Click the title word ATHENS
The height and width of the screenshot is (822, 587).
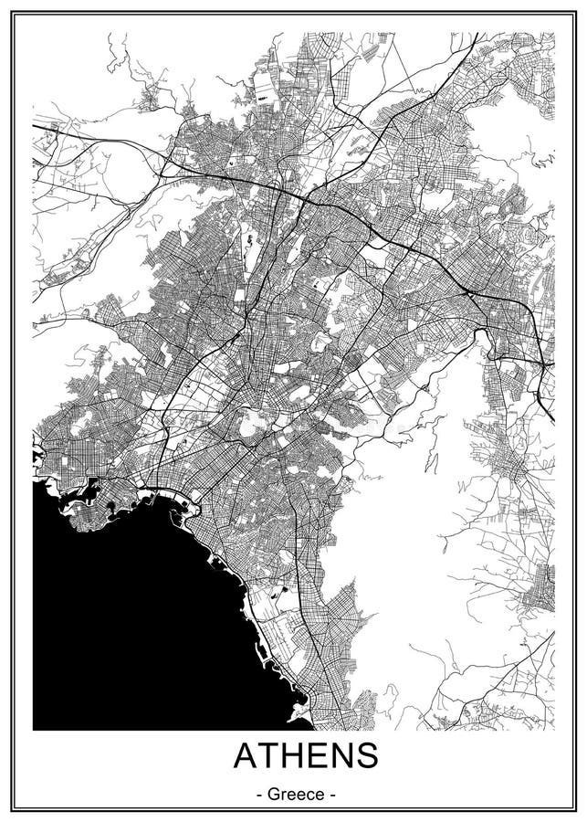pyautogui.click(x=293, y=757)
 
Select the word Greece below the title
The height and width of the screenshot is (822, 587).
pyautogui.click(x=293, y=795)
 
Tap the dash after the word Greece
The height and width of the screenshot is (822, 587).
pyautogui.click(x=332, y=796)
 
